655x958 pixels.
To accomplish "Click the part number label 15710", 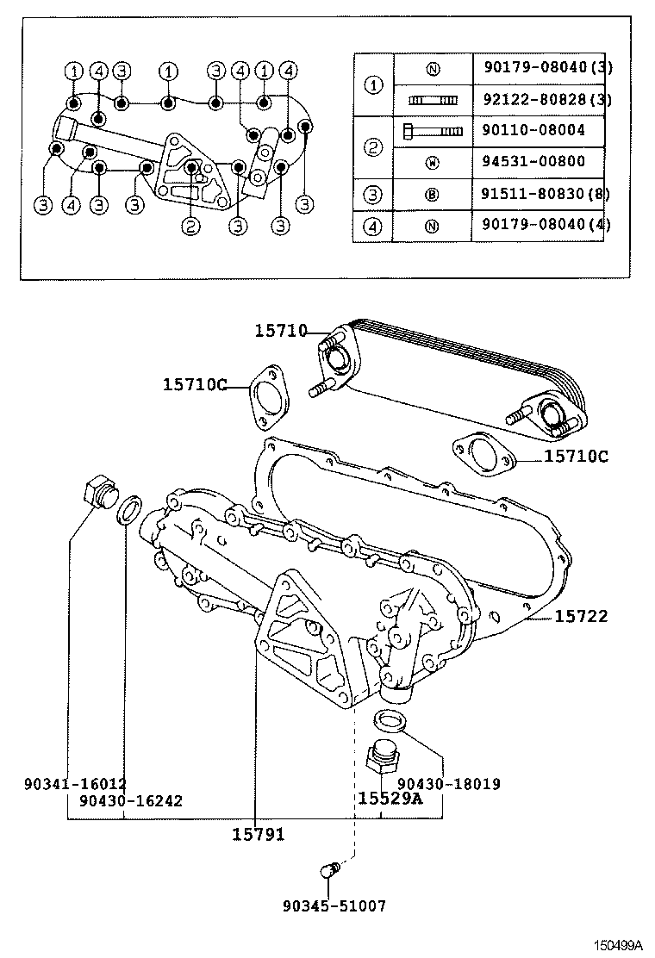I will (x=280, y=330).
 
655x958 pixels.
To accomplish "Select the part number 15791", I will (x=258, y=834).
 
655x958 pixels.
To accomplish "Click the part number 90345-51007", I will (x=334, y=905).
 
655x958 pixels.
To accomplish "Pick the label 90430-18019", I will (x=448, y=784).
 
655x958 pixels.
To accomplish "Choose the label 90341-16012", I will (x=76, y=784).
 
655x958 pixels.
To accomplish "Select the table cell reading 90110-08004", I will (x=534, y=130).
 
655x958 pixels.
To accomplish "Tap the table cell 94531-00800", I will (x=534, y=161).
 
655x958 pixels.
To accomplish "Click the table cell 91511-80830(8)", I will (x=541, y=195).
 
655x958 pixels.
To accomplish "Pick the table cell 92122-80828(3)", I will (x=541, y=99).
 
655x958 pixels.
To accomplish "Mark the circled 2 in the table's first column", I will (x=373, y=146).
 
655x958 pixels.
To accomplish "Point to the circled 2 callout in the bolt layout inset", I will (x=190, y=227).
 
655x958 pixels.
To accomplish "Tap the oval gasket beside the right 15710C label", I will (x=483, y=454).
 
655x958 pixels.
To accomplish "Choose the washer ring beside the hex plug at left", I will (x=128, y=509).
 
